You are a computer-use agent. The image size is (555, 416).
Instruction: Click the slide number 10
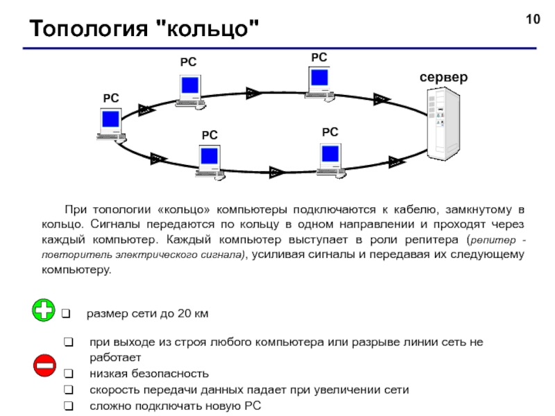533,19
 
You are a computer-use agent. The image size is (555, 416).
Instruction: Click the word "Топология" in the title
89,29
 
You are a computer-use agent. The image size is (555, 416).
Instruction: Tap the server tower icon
443,123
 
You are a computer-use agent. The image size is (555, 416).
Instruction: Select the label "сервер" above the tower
443,77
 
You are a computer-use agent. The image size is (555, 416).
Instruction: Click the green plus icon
44,310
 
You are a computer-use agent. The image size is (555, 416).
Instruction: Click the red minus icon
44,365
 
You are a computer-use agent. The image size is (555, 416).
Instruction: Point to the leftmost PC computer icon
111,125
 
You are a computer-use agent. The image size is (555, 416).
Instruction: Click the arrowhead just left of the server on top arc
382,99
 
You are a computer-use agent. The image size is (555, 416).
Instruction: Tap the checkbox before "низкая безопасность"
68,374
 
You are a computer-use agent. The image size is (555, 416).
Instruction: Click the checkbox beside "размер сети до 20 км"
66,313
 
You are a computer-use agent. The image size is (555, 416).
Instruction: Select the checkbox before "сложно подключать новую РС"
68,406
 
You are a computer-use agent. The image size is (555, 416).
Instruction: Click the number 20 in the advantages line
184,313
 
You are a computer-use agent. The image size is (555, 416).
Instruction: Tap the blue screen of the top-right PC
319,78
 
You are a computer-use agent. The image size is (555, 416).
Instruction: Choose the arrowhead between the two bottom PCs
277,172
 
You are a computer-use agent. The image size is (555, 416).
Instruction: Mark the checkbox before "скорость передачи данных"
68,390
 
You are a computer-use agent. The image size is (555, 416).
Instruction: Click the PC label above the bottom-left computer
210,135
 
